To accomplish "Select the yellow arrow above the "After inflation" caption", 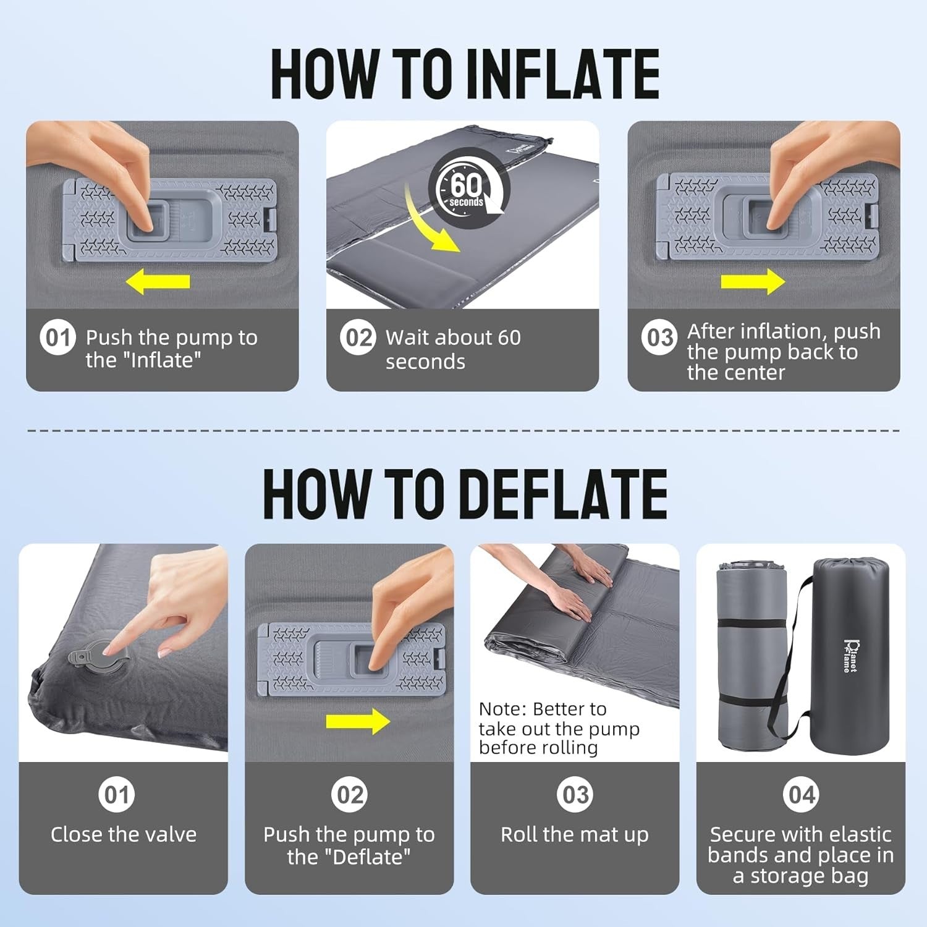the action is coord(753,281).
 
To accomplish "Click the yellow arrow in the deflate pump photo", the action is coord(358,721).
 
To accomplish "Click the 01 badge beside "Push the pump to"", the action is coord(57,337).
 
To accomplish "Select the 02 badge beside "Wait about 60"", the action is coord(358,337).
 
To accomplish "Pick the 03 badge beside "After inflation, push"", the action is coord(659,337).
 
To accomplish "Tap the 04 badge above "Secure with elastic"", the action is coord(802,794).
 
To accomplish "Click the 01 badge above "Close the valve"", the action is coord(117,794).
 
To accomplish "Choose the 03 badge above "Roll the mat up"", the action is coord(575,794).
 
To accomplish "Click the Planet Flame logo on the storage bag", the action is coord(851,656).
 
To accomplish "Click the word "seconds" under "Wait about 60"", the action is coord(425,362).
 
